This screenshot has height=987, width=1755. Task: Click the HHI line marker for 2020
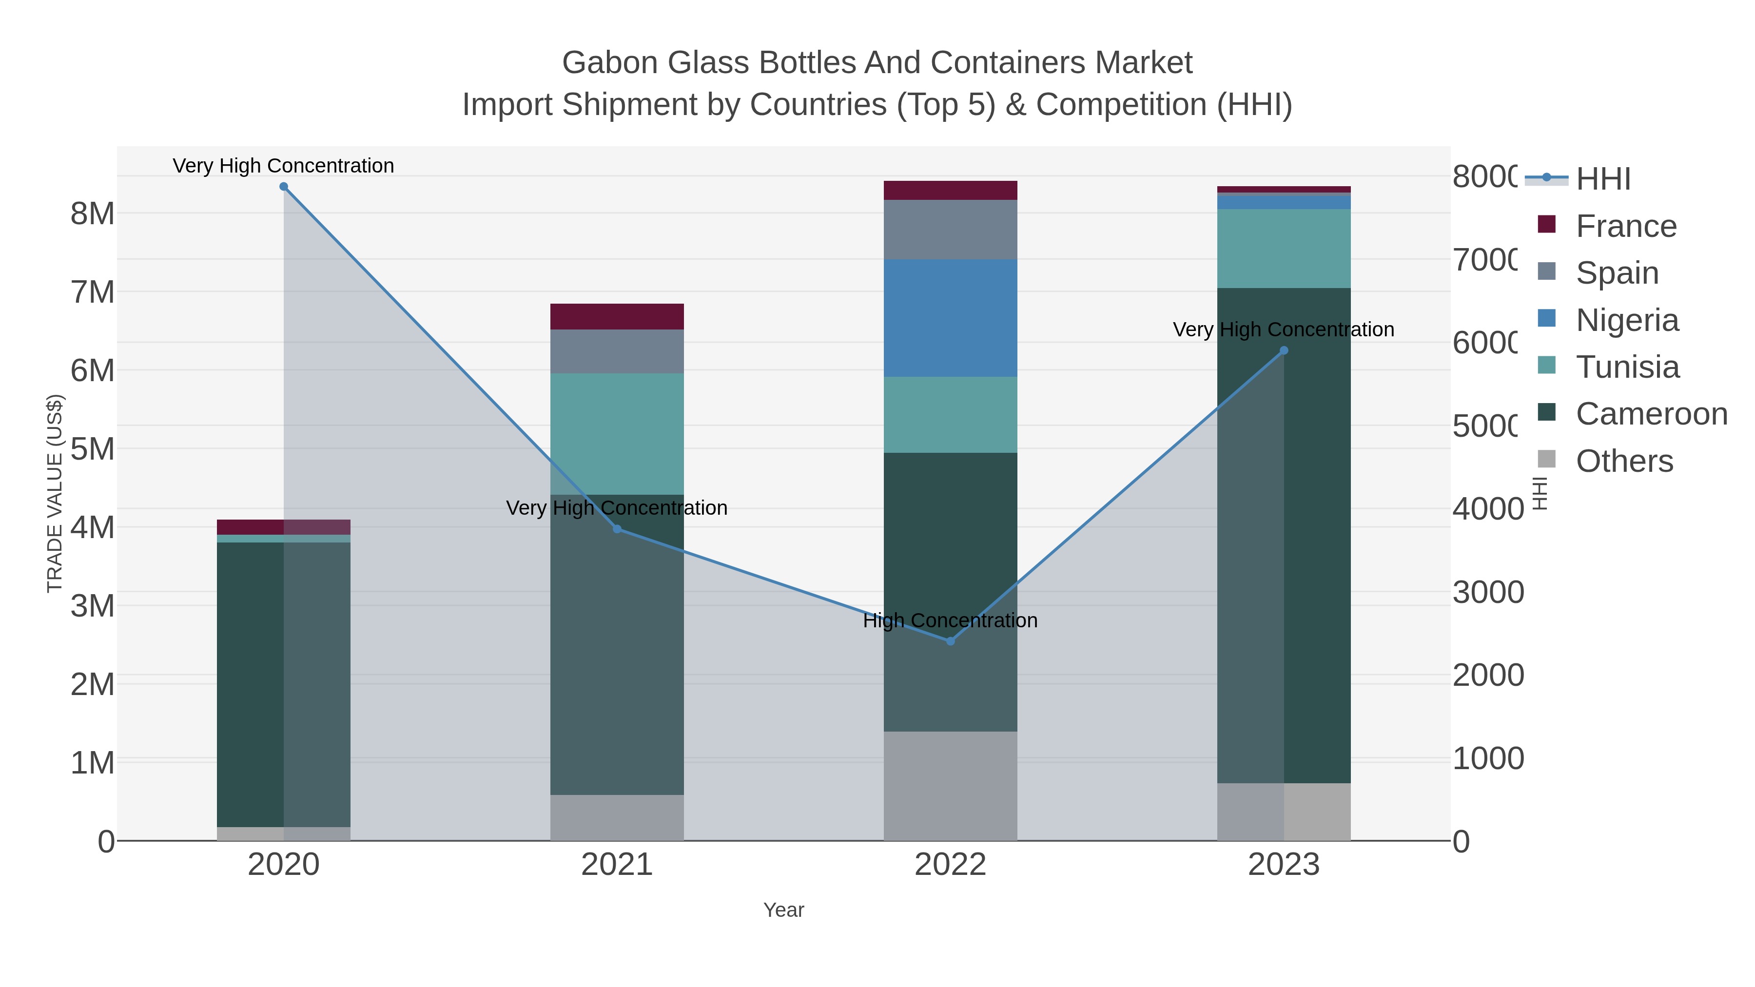[x=283, y=187]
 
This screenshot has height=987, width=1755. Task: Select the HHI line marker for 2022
[x=951, y=641]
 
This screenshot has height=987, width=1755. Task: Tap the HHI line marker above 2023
[x=1284, y=351]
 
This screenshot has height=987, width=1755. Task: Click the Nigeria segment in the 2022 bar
[x=951, y=318]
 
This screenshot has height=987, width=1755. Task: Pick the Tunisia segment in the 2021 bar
[x=617, y=434]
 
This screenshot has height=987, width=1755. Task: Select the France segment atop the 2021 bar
[x=617, y=317]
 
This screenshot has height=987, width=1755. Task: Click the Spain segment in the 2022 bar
[x=951, y=230]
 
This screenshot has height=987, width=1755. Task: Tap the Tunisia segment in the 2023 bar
[x=1284, y=249]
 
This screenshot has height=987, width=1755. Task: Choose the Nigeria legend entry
[x=1627, y=320]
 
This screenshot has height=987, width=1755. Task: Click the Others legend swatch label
[x=1624, y=461]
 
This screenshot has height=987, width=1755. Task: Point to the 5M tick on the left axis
[x=93, y=449]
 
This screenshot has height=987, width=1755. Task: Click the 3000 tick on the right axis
[x=1488, y=592]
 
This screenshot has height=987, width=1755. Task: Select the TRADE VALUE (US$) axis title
[x=55, y=493]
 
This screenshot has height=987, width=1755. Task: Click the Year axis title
[x=783, y=910]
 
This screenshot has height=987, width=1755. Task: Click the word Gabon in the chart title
[x=610, y=63]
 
